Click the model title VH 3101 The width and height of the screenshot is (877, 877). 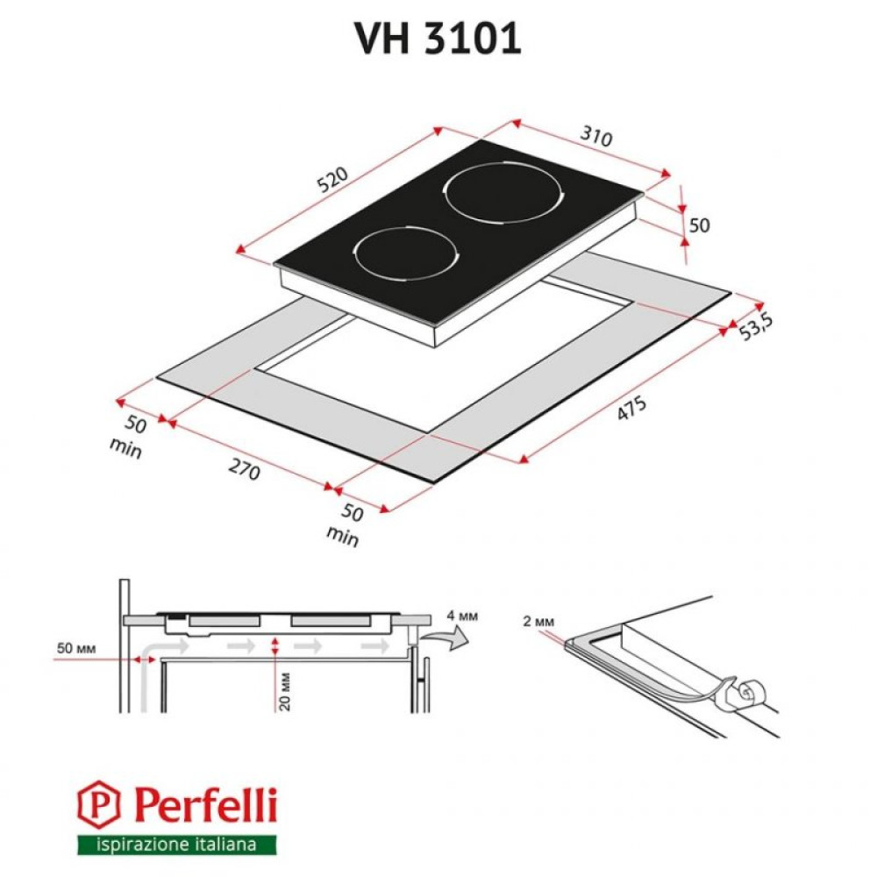coord(438,38)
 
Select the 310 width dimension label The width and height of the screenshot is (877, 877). coord(595,137)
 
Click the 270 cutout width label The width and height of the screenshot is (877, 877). coord(245,471)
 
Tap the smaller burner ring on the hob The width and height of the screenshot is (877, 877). coord(406,253)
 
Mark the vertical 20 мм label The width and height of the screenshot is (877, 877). coord(285,690)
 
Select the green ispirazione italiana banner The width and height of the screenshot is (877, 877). coord(175,845)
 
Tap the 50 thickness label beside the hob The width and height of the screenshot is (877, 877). coord(699,225)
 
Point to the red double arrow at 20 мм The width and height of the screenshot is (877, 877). coord(276,647)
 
